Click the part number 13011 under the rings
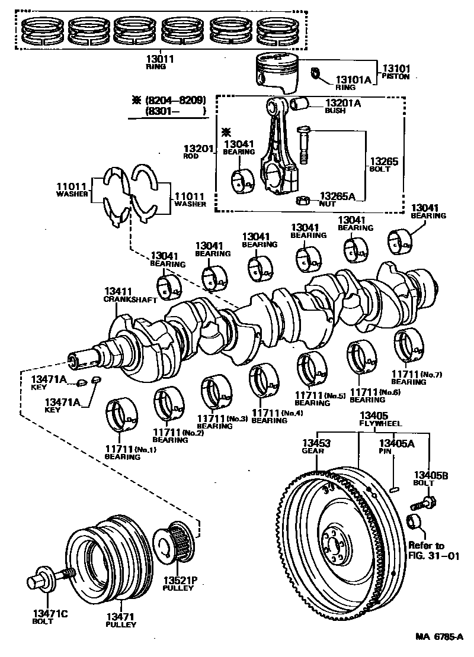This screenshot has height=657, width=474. coord(160,59)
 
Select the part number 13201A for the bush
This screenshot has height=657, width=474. coord(343,102)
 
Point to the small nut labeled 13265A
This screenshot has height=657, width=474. coord(303,201)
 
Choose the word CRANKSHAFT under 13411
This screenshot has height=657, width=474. coord(130,299)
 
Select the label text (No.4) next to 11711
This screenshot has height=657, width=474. coord(292,413)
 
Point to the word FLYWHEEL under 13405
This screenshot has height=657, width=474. coord(380,423)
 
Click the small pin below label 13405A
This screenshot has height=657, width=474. coord(394,488)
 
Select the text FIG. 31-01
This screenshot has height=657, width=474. coord(434,556)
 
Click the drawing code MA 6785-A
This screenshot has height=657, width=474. coord(439,637)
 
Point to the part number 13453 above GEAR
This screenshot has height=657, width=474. coord(317,443)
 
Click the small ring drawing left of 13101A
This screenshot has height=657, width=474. coord(315,73)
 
